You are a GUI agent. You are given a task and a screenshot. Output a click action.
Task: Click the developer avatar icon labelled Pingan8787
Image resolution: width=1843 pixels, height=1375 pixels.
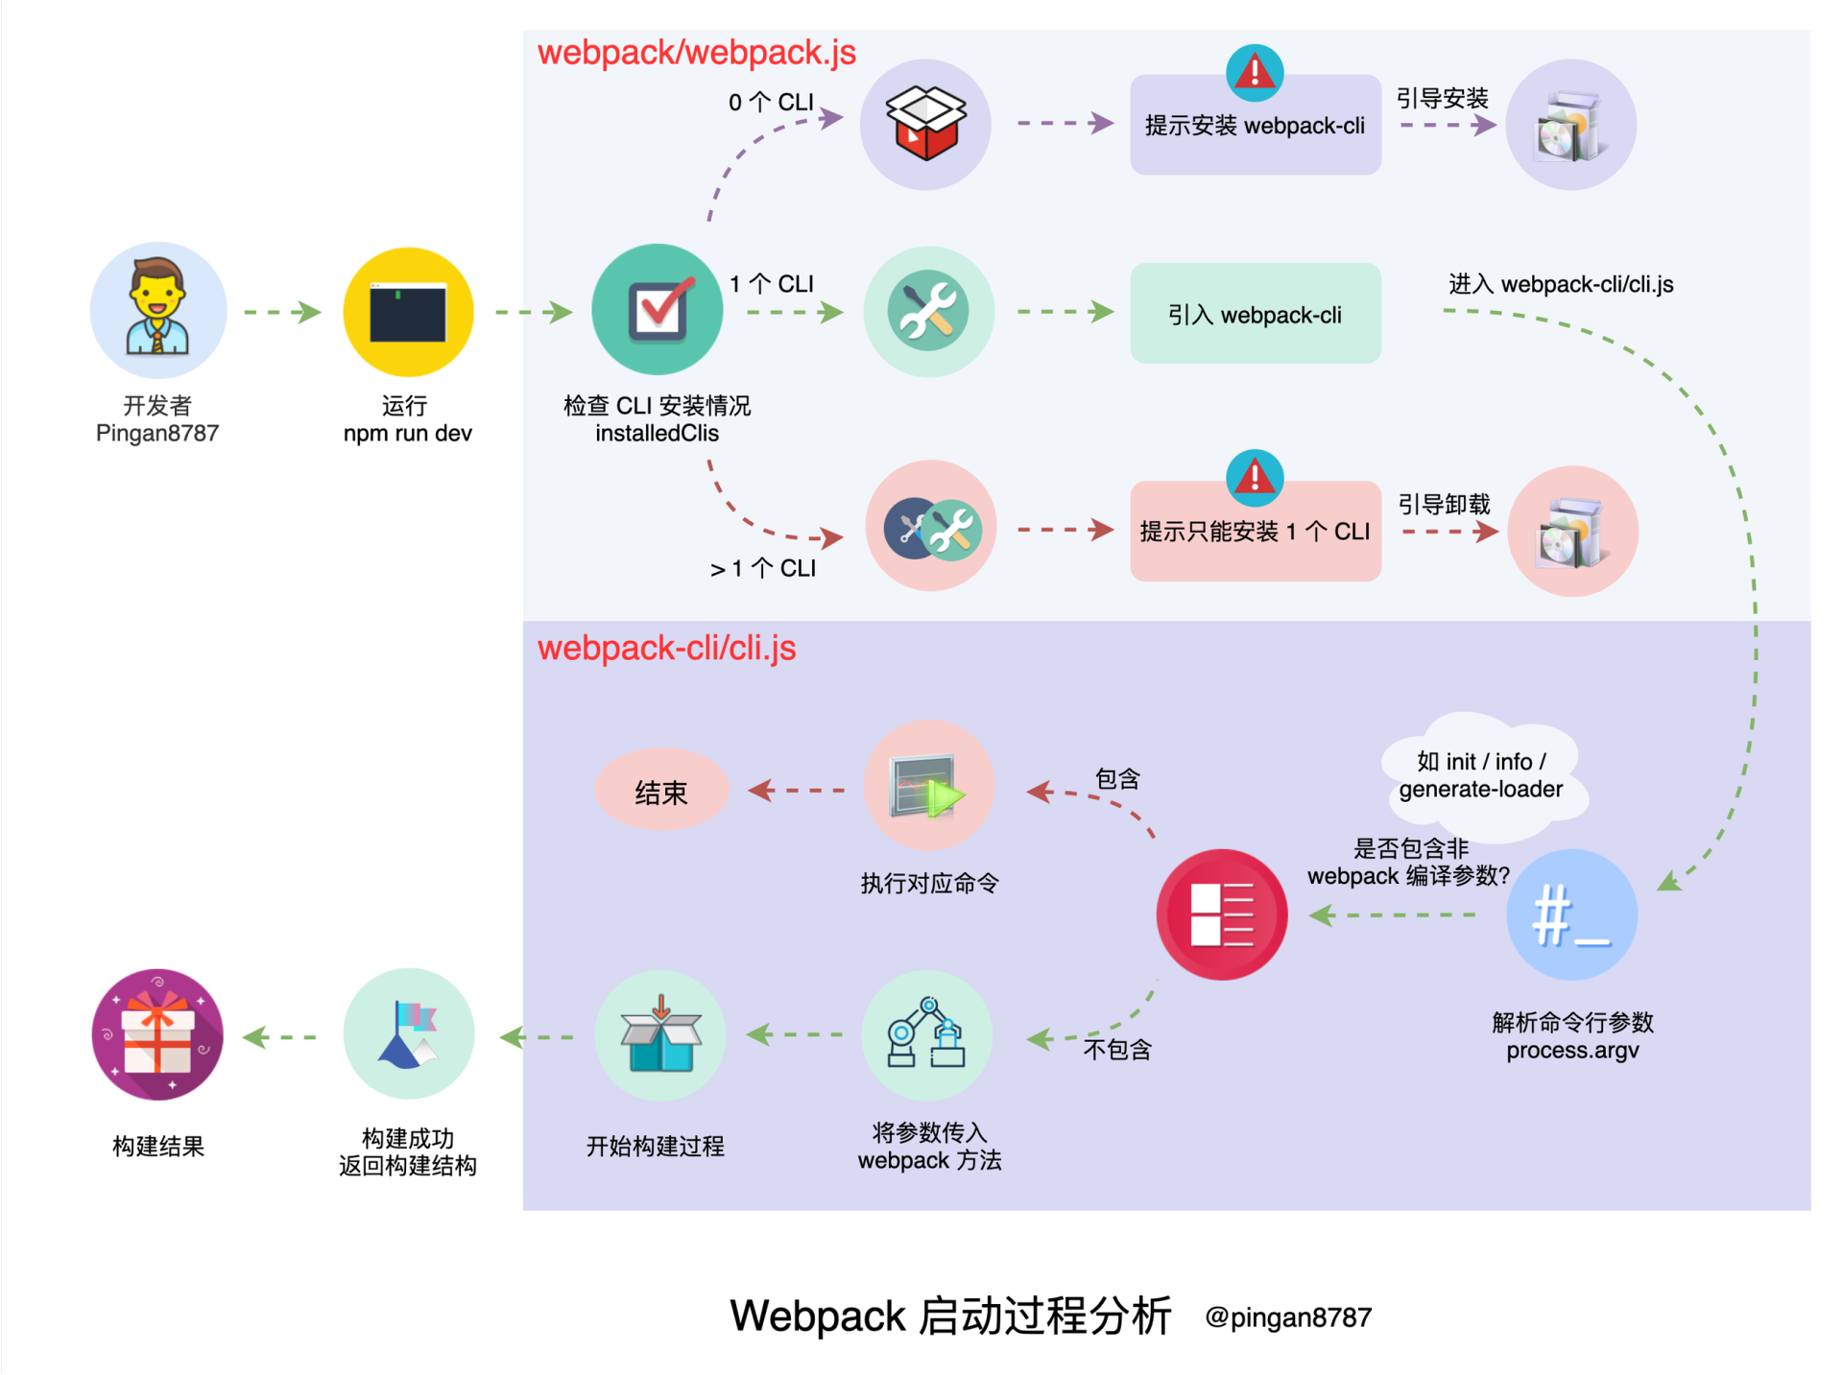coord(158,309)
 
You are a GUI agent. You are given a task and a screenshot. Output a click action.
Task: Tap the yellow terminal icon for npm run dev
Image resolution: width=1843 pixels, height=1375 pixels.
coord(408,312)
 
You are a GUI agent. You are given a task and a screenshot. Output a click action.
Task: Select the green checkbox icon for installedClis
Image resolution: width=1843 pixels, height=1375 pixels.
coord(658,309)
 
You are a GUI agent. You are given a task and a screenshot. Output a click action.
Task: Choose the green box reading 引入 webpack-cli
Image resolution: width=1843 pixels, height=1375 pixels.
coord(1255,315)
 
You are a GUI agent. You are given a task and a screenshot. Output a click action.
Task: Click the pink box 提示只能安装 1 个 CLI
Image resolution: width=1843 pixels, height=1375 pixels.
coord(1255,532)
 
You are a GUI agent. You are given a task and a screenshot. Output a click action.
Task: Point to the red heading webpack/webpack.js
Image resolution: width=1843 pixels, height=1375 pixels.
coord(696,53)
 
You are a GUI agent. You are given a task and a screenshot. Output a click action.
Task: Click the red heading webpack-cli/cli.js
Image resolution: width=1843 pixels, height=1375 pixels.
coord(666,649)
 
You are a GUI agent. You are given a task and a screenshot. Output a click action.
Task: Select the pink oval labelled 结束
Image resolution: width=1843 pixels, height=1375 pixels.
coord(661,792)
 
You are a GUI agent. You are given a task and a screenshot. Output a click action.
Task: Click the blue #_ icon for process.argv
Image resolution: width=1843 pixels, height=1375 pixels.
coord(1571,914)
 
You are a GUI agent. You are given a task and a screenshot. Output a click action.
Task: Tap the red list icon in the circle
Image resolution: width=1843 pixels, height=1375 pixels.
coord(1221,914)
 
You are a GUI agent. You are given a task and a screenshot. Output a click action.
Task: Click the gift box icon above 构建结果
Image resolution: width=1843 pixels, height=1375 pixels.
coord(158,1034)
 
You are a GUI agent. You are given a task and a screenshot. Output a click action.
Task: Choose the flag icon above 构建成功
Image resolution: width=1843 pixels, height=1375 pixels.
coord(409,1034)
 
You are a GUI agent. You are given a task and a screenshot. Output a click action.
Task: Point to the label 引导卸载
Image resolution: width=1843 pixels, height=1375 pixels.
coord(1444,505)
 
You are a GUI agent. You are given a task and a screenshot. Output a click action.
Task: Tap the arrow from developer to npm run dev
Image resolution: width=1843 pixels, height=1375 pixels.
coord(282,312)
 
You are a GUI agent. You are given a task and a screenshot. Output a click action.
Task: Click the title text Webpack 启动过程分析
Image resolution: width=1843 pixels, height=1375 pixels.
coord(950,1316)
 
